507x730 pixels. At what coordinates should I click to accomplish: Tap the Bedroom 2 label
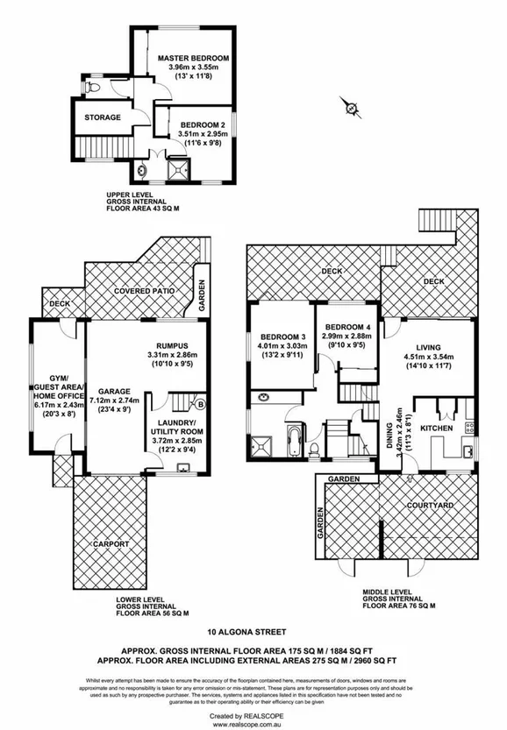coord(204,125)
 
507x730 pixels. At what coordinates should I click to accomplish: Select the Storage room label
coord(103,117)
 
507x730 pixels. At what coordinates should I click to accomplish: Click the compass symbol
coord(352,109)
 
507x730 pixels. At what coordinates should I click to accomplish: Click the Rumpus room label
coord(167,344)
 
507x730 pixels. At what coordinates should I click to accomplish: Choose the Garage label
coord(114,393)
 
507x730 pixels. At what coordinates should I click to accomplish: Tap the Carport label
coord(111,544)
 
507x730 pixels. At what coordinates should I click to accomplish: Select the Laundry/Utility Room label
coord(176,427)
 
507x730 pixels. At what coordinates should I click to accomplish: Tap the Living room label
coord(429,346)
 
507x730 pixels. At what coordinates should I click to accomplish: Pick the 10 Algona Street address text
coord(253,630)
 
